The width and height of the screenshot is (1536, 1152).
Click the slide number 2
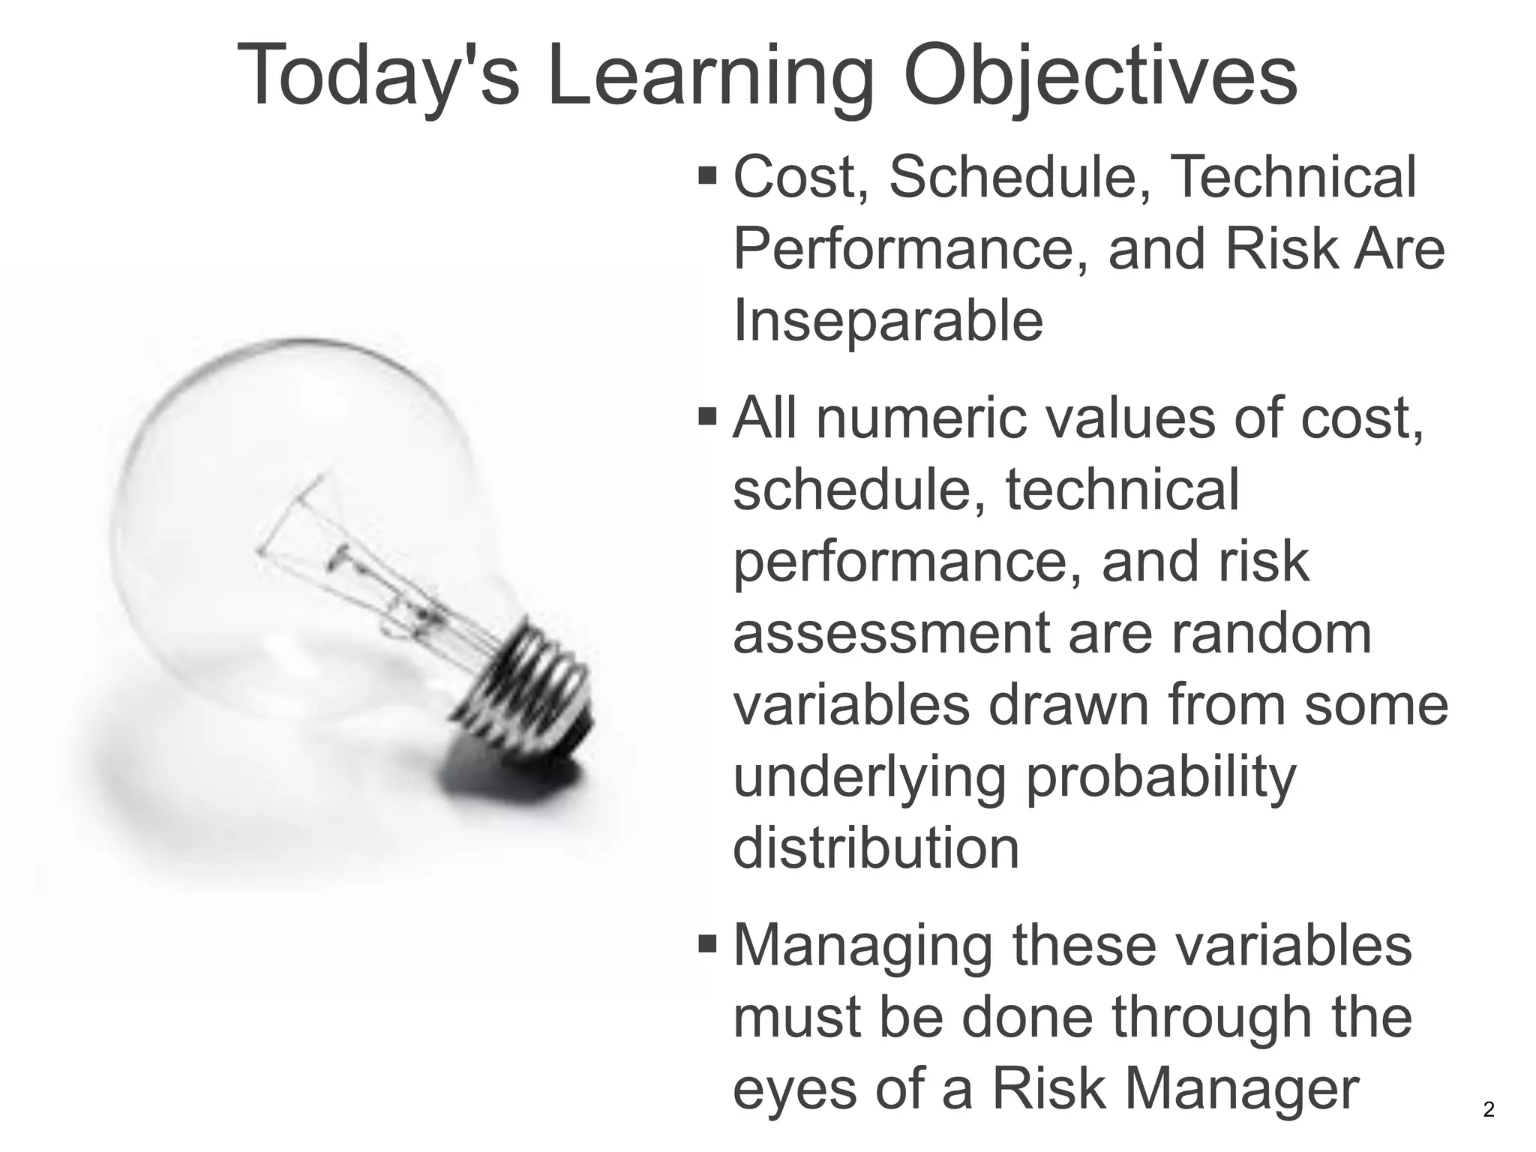[x=1489, y=1109]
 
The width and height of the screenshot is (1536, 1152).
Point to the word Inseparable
[x=887, y=320]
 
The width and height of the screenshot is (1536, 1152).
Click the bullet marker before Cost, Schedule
[x=707, y=177]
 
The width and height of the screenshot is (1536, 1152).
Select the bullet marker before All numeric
[x=707, y=415]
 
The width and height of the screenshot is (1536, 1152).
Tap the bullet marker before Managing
[x=707, y=943]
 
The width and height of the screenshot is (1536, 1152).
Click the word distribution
[x=875, y=847]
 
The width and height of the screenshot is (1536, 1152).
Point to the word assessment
[x=889, y=633]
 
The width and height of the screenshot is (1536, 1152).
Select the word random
[x=1272, y=633]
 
